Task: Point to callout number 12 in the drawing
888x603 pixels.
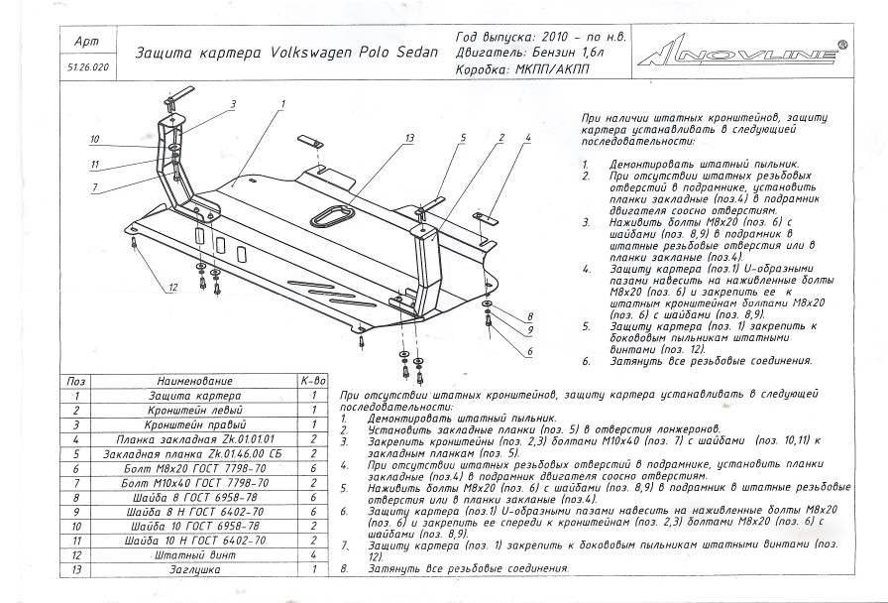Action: pyautogui.click(x=171, y=288)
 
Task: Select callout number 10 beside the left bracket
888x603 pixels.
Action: pyautogui.click(x=95, y=139)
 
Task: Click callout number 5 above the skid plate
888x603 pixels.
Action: pyautogui.click(x=462, y=136)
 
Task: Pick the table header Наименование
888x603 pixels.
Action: pyautogui.click(x=194, y=381)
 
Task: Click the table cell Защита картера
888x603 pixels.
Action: pyautogui.click(x=194, y=395)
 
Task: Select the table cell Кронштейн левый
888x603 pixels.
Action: pyautogui.click(x=194, y=409)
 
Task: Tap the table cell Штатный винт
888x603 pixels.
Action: pyautogui.click(x=194, y=555)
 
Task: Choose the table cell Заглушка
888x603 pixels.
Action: pyautogui.click(x=194, y=569)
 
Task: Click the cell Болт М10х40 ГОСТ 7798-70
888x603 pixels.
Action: pyautogui.click(x=194, y=482)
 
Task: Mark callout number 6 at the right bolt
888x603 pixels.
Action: pyautogui.click(x=530, y=351)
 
